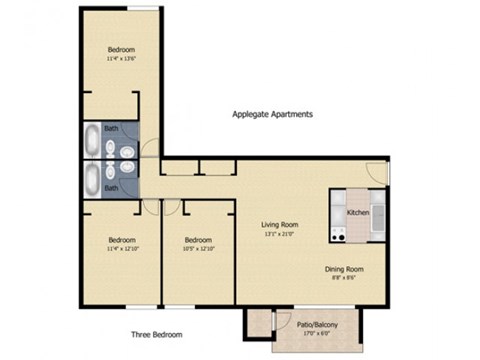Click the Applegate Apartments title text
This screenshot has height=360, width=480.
point(272,114)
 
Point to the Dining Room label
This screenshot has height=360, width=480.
point(343,269)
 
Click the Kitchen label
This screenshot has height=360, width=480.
point(358,213)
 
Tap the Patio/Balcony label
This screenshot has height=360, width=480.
point(313,324)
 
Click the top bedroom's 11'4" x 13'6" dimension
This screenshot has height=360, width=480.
point(120,59)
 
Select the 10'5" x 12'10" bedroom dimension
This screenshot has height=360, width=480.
point(199,248)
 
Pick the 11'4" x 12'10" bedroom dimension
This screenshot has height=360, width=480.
point(121,248)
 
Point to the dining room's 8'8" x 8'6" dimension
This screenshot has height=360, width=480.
point(343,279)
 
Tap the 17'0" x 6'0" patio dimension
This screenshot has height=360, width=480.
point(313,333)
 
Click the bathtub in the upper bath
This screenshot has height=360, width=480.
point(89,142)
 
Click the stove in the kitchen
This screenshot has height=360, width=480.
point(337,234)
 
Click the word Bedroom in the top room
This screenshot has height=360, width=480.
point(120,49)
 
